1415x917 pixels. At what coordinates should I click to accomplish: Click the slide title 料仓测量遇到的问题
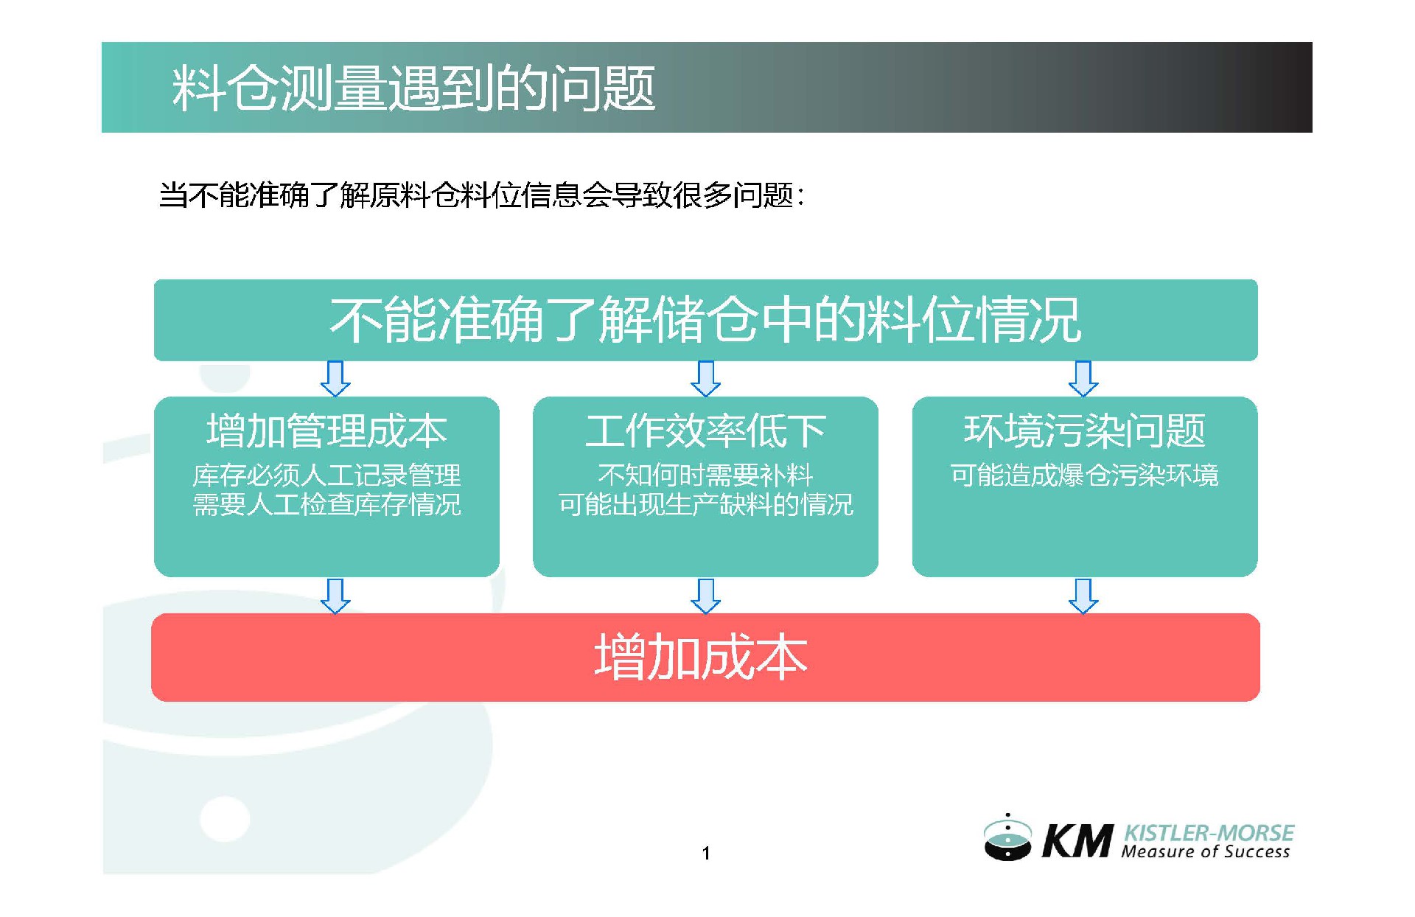click(x=413, y=88)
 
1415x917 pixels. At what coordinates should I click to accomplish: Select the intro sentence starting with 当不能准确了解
click(x=481, y=195)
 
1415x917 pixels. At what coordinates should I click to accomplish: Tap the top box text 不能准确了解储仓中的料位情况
click(x=705, y=320)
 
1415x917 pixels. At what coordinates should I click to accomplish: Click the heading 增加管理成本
click(x=326, y=431)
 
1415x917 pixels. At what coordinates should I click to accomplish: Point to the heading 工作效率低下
click(x=705, y=431)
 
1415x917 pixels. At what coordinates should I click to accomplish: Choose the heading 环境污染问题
click(x=1084, y=431)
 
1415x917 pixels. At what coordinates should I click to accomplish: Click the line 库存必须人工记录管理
click(x=326, y=475)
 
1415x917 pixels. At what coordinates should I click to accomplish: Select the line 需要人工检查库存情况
click(x=326, y=505)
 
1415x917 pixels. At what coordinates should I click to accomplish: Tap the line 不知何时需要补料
click(x=705, y=475)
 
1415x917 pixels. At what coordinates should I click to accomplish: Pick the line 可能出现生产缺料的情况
click(x=705, y=505)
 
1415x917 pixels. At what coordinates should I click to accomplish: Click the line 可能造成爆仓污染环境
click(x=1084, y=475)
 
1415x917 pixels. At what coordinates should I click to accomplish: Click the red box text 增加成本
click(x=701, y=657)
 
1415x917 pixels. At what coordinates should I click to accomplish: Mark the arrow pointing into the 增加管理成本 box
click(x=335, y=379)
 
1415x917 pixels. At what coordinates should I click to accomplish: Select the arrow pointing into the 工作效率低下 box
click(x=705, y=379)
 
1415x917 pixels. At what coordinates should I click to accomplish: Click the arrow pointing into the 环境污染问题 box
click(x=1083, y=379)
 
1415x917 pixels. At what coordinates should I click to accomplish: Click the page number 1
click(x=706, y=854)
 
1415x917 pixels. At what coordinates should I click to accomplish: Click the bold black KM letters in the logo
click(x=1077, y=842)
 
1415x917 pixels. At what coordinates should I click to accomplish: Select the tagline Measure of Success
click(x=1206, y=852)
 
